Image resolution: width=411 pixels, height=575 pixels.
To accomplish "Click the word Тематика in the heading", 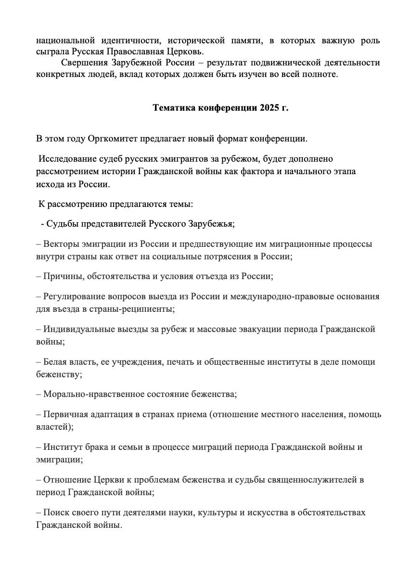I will pyautogui.click(x=174, y=108).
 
